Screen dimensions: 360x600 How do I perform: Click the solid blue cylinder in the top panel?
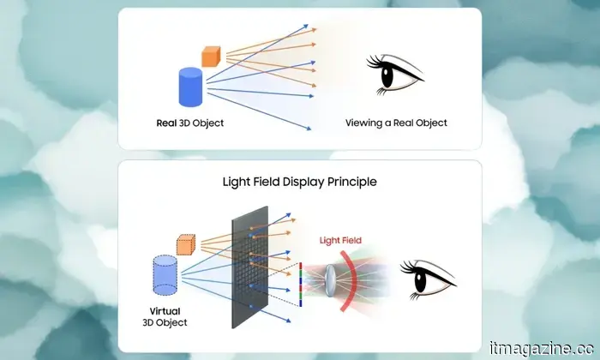point(190,87)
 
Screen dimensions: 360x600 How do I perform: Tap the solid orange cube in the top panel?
point(211,56)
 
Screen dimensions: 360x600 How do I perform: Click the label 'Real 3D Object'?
point(189,123)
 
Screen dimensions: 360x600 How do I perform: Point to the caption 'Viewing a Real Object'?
point(396,123)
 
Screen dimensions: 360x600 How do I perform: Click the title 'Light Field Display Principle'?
point(300,182)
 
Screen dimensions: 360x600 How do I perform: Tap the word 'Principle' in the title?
point(351,182)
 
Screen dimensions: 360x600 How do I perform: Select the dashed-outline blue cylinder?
point(164,277)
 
